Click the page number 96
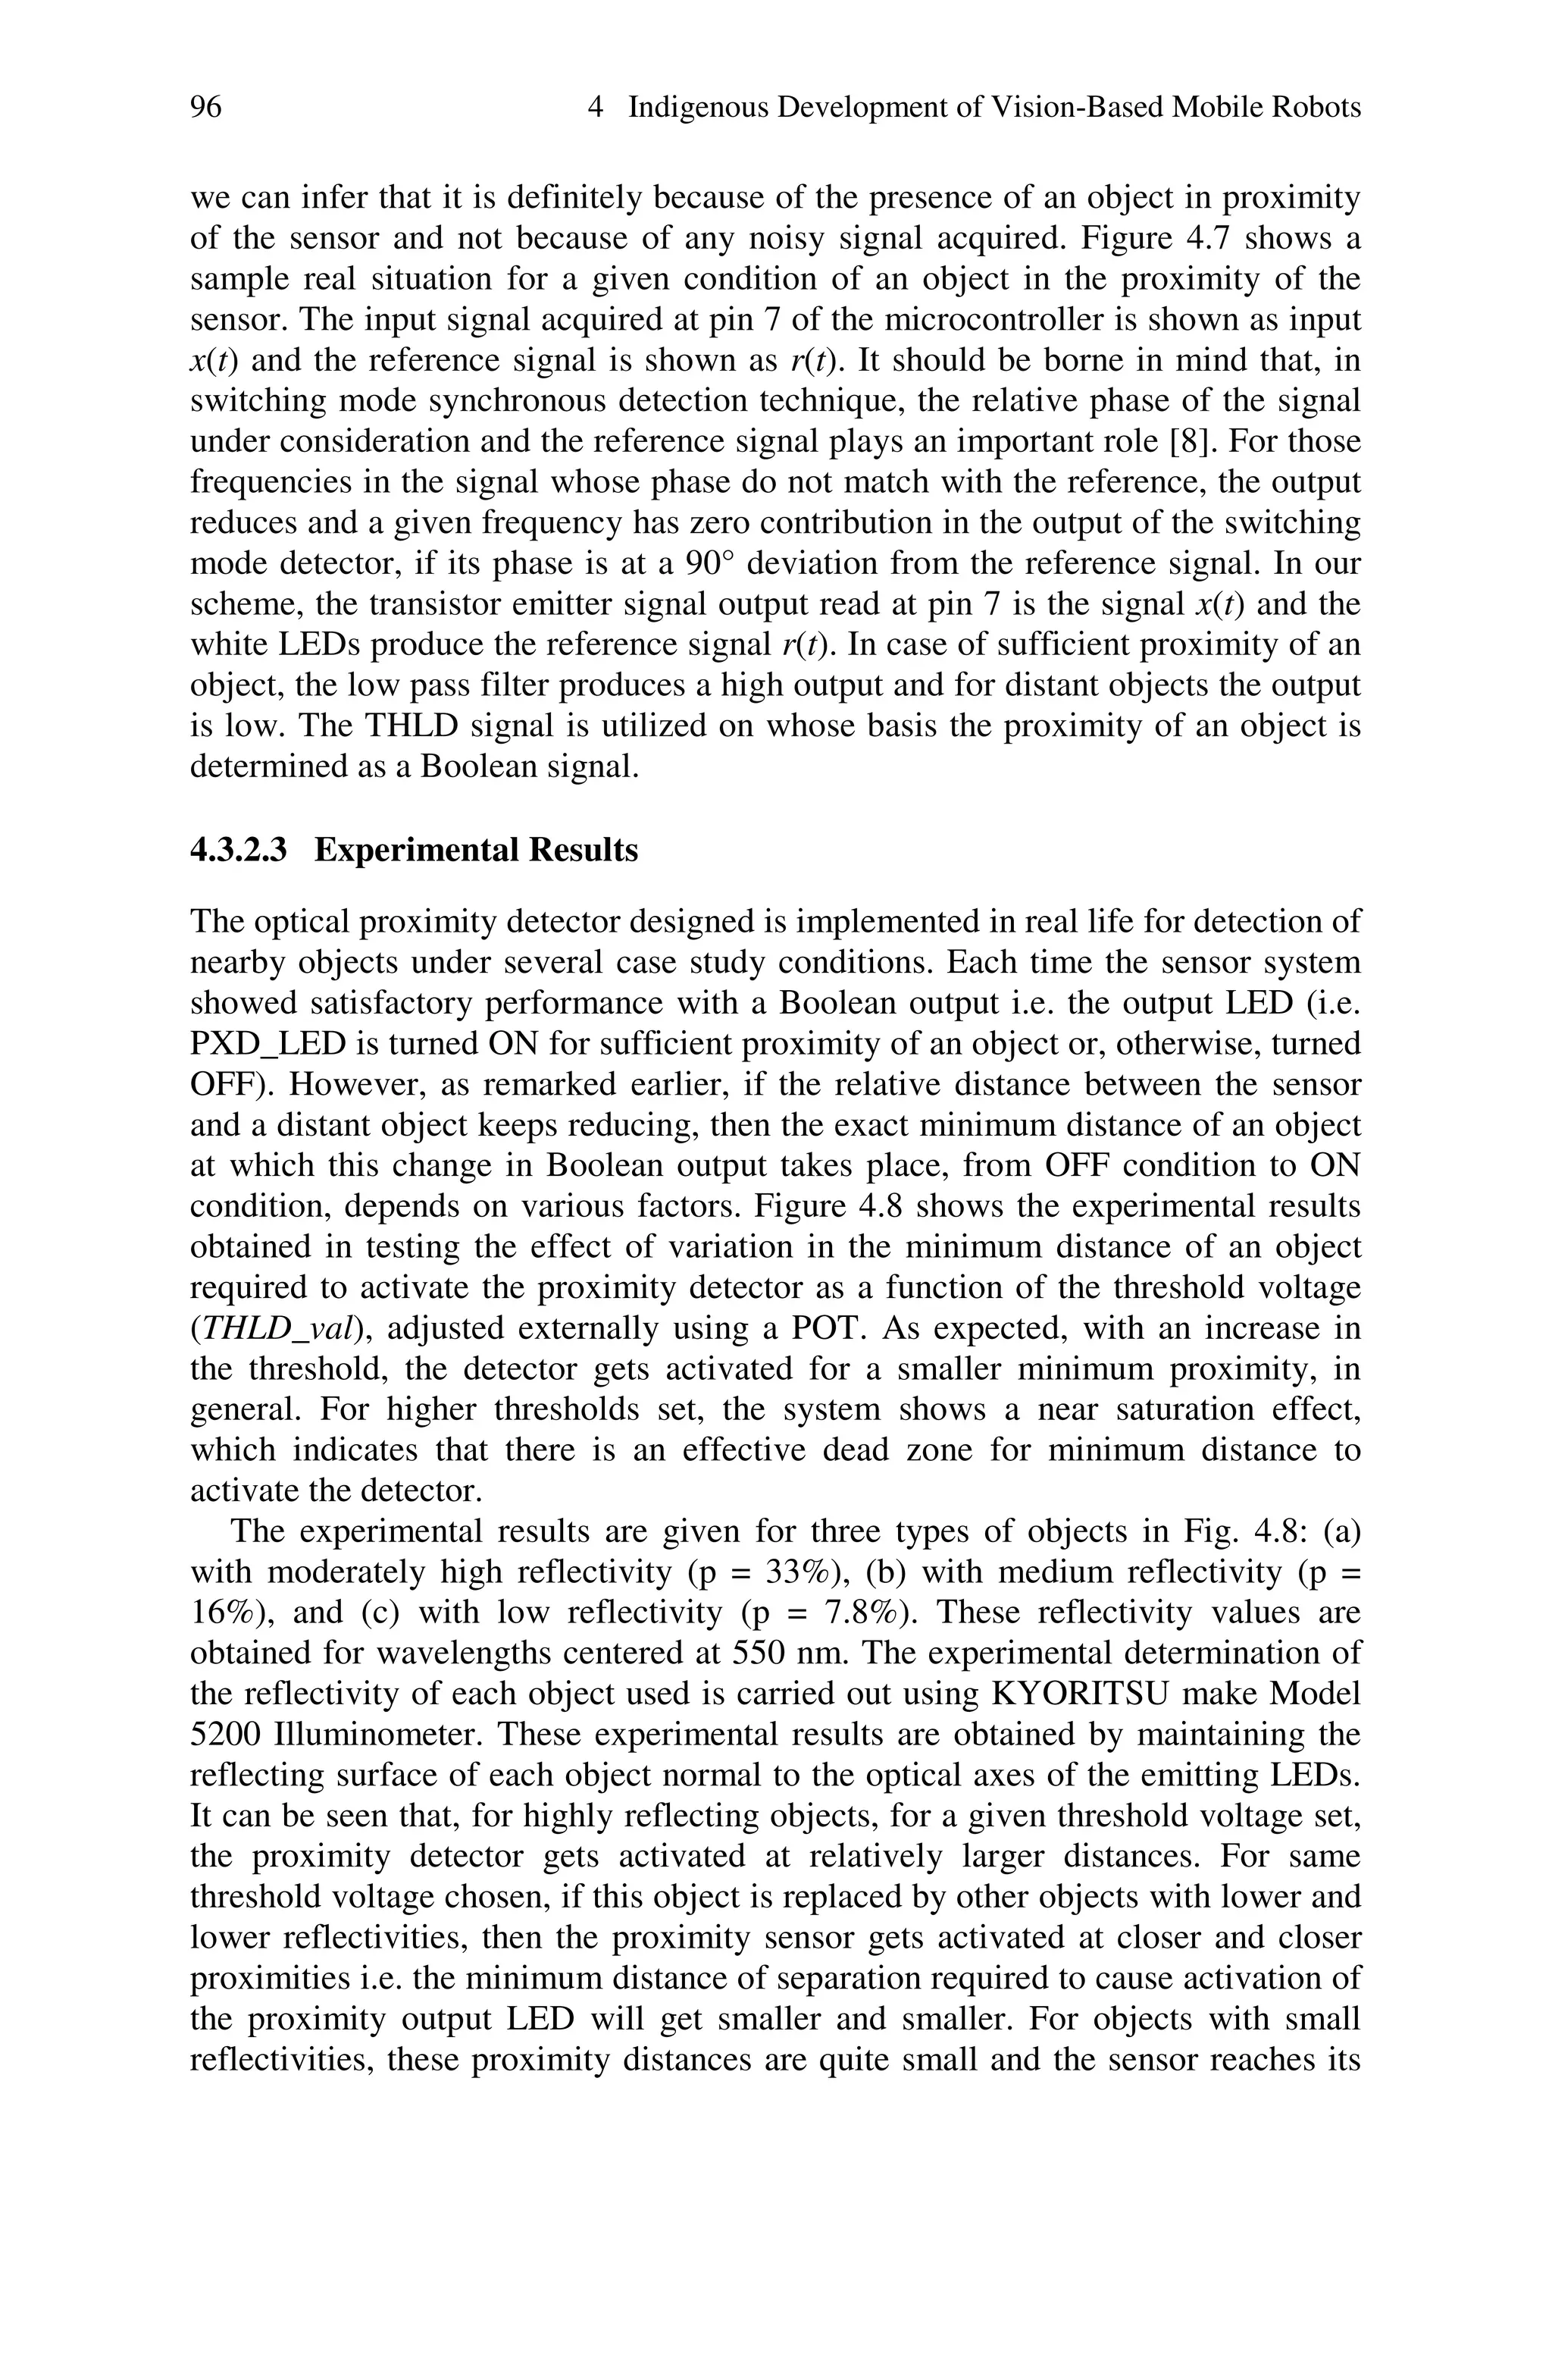[206, 107]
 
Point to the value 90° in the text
[712, 563]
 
